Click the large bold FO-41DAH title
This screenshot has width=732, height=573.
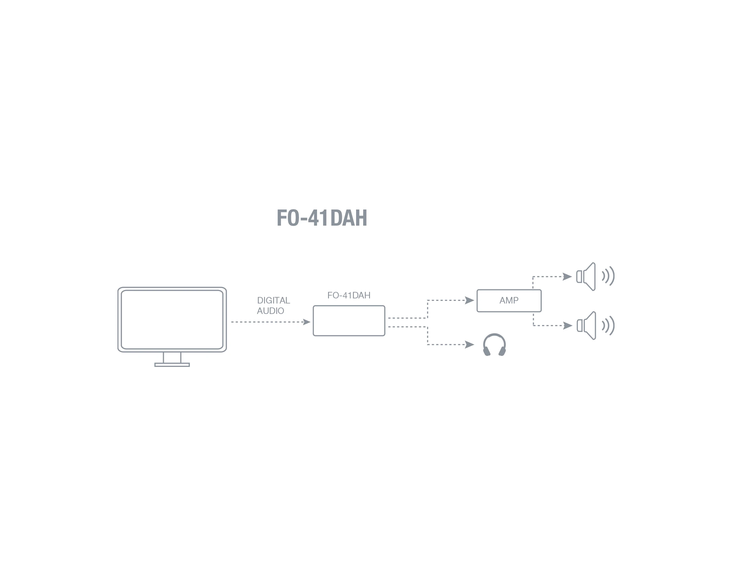click(x=322, y=218)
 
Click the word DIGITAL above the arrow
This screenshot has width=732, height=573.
click(x=273, y=300)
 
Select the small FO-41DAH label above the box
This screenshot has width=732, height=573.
click(x=349, y=295)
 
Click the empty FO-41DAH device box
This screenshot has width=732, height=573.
click(x=349, y=321)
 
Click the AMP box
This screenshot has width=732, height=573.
click(x=509, y=301)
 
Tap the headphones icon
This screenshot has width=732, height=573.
click(x=494, y=345)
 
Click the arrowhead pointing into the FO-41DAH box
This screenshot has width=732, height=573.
click(x=307, y=322)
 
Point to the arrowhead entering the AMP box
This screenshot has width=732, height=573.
click(x=469, y=300)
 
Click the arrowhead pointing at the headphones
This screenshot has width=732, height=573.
click(x=469, y=345)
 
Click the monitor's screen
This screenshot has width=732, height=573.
click(x=172, y=319)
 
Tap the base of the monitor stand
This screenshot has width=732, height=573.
click(x=172, y=365)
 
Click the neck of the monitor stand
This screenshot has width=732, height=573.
click(x=172, y=357)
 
